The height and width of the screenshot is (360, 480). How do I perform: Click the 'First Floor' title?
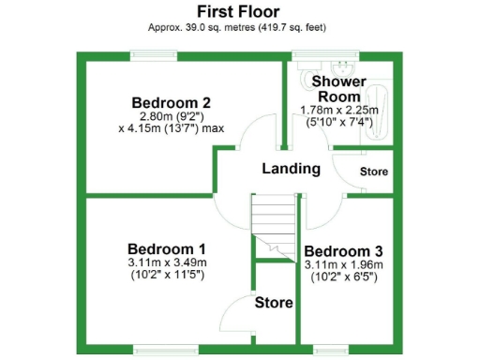239,11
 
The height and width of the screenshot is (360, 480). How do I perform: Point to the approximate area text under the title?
239,27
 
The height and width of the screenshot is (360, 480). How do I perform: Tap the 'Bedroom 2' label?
171,102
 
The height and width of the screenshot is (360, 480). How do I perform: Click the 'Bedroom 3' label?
343,251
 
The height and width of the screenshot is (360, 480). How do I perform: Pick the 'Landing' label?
291,169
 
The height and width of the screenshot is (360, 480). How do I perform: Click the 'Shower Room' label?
339,89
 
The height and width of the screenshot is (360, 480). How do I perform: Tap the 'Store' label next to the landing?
374,172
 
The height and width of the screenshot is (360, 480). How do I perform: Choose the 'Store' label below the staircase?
274,303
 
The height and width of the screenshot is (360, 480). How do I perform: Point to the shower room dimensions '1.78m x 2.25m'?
339,110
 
